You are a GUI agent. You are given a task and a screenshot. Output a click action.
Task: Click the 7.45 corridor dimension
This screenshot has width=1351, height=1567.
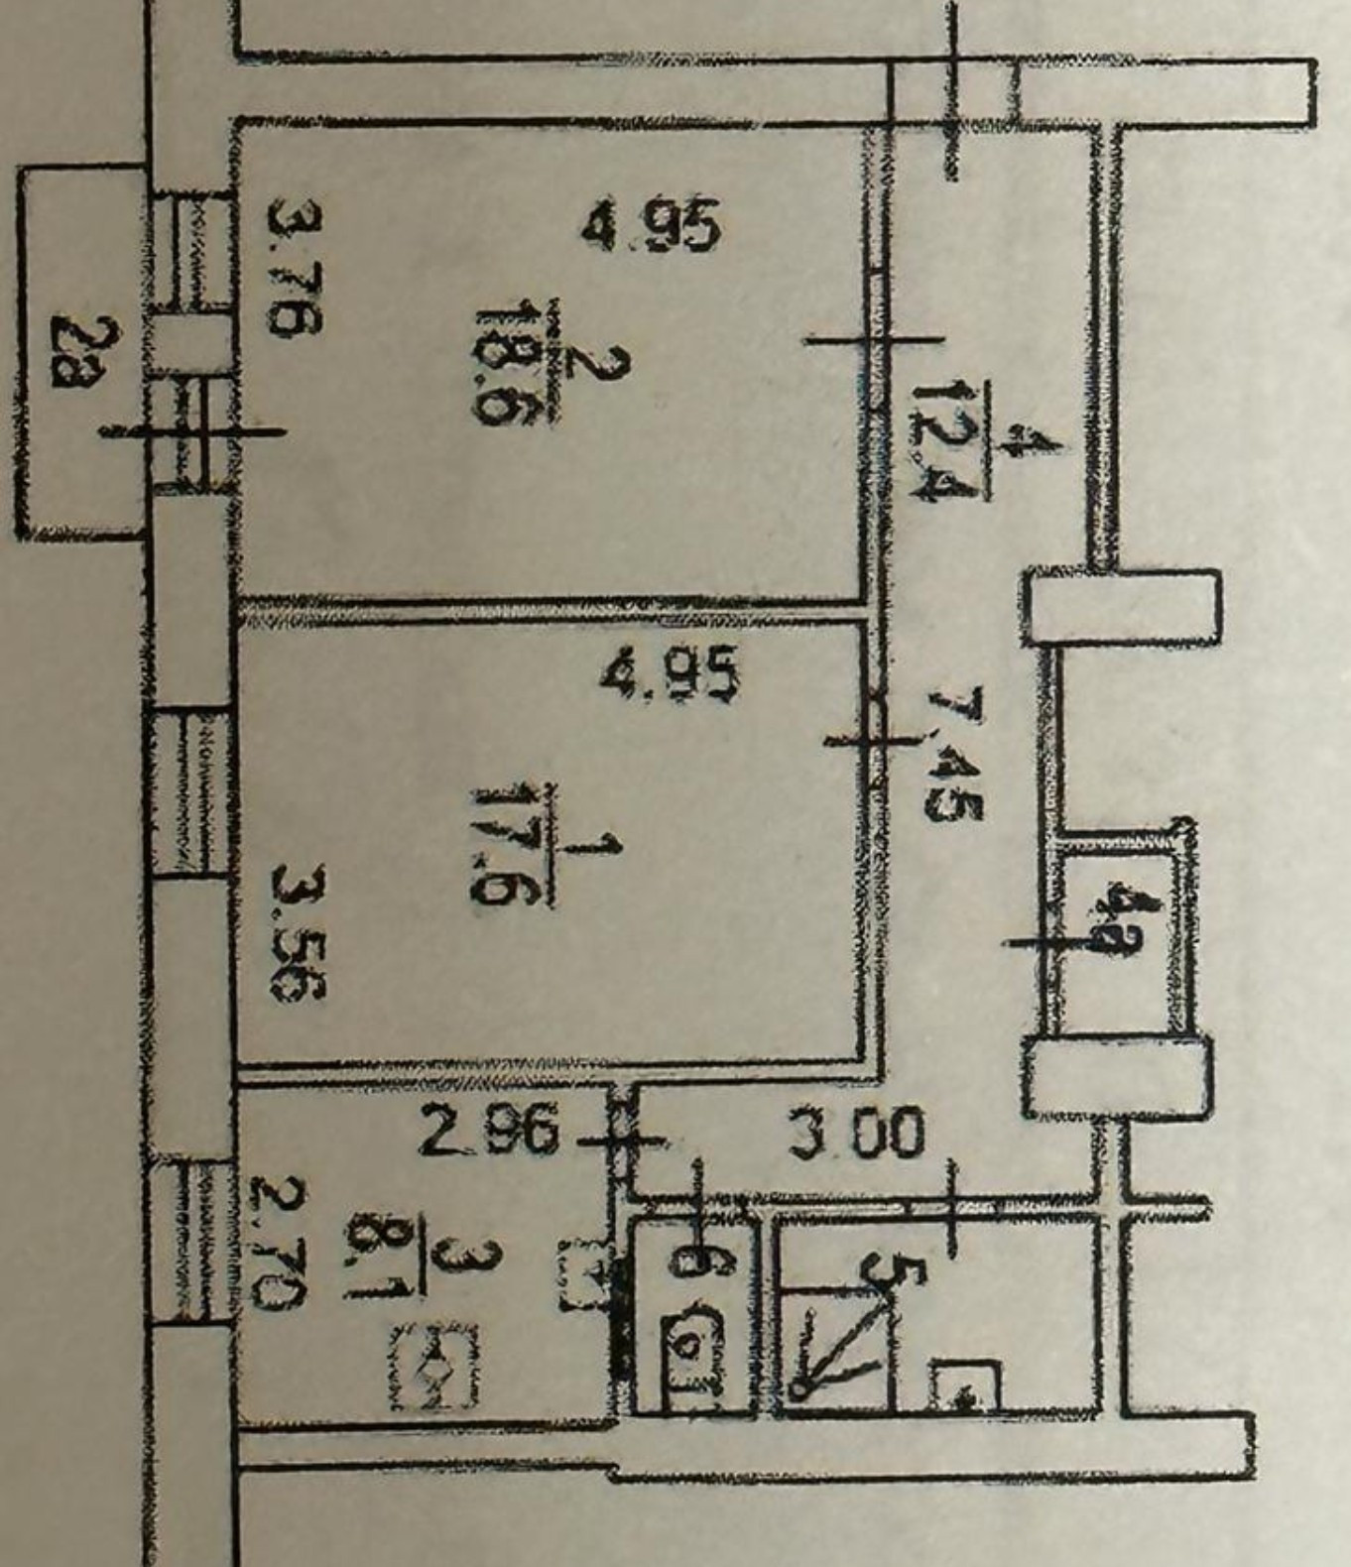(953, 754)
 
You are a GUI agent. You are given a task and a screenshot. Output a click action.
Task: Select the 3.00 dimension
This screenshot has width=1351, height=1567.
(856, 1134)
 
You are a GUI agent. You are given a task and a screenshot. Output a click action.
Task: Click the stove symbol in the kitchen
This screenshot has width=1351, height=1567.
(432, 1369)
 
